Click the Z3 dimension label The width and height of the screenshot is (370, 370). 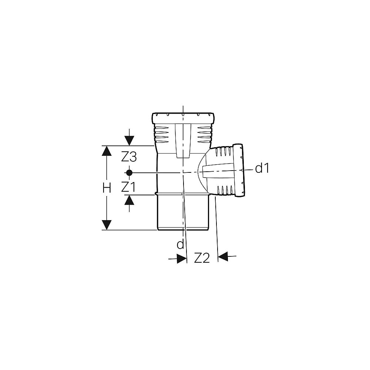coord(129,157)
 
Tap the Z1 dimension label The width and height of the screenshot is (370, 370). coord(128,187)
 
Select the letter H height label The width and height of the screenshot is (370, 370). coord(107,188)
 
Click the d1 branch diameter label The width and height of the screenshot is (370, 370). coord(262,168)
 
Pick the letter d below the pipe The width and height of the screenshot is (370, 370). coord(180,245)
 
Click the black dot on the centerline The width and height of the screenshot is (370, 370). coord(129,173)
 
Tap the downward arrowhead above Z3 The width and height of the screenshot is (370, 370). coord(129,141)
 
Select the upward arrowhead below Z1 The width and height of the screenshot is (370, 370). coord(129,200)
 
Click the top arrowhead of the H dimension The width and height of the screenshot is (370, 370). coord(107,151)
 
